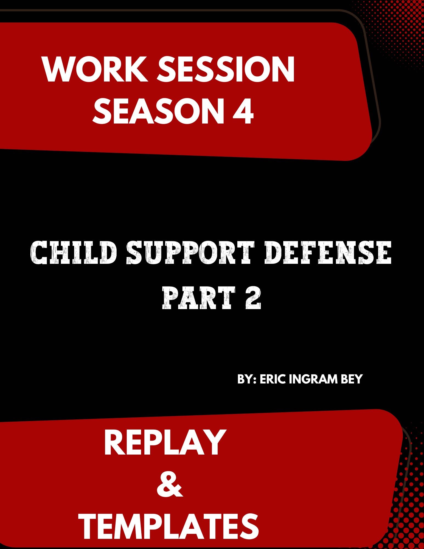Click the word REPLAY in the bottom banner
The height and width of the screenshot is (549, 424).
(164, 442)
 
